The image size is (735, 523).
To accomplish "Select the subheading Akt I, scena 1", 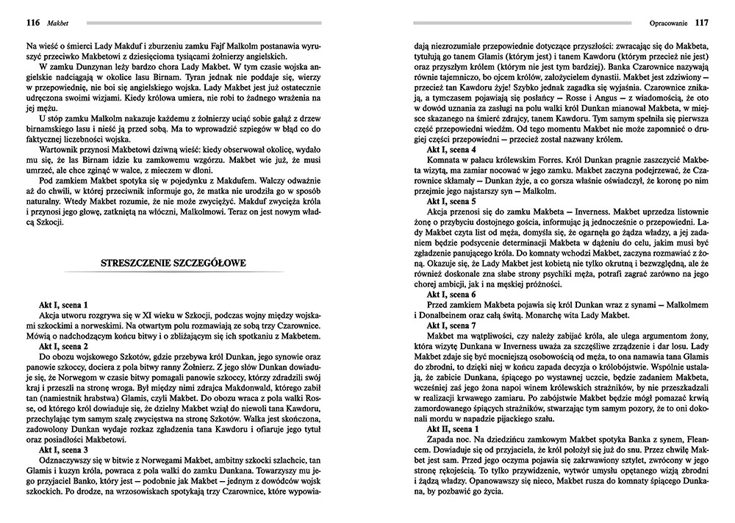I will coord(64,304).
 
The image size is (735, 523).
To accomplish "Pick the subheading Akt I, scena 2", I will coord(64,345).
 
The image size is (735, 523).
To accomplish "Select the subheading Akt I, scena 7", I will coord(451,325).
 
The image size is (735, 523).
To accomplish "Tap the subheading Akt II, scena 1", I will coord(453,428).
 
